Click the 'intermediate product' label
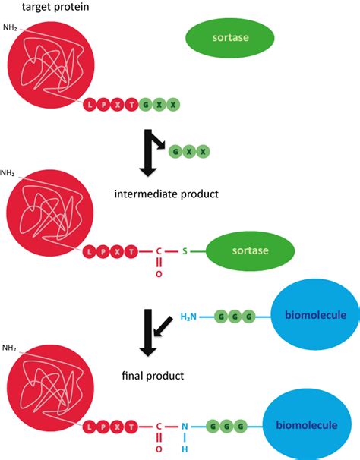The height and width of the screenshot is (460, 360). pyautogui.click(x=166, y=194)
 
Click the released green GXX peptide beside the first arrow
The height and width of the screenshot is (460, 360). pyautogui.click(x=189, y=152)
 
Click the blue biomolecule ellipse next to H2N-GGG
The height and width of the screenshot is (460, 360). pyautogui.click(x=314, y=314)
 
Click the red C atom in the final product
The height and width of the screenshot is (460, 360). pyautogui.click(x=159, y=427)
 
